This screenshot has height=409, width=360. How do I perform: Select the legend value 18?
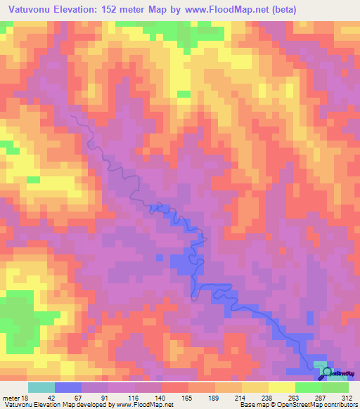click(x=27, y=398)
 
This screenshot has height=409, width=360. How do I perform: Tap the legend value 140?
click(x=161, y=398)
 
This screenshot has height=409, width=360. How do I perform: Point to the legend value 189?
click(x=214, y=398)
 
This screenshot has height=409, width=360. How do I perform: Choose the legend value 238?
click(x=267, y=398)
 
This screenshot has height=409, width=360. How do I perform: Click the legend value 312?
click(x=346, y=398)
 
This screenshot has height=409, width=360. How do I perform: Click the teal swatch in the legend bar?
click(x=41, y=387)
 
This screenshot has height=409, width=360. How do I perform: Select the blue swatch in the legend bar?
click(x=68, y=387)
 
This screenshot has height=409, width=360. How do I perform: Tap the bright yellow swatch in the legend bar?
click(x=282, y=387)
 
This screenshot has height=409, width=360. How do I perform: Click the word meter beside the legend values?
click(x=11, y=398)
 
